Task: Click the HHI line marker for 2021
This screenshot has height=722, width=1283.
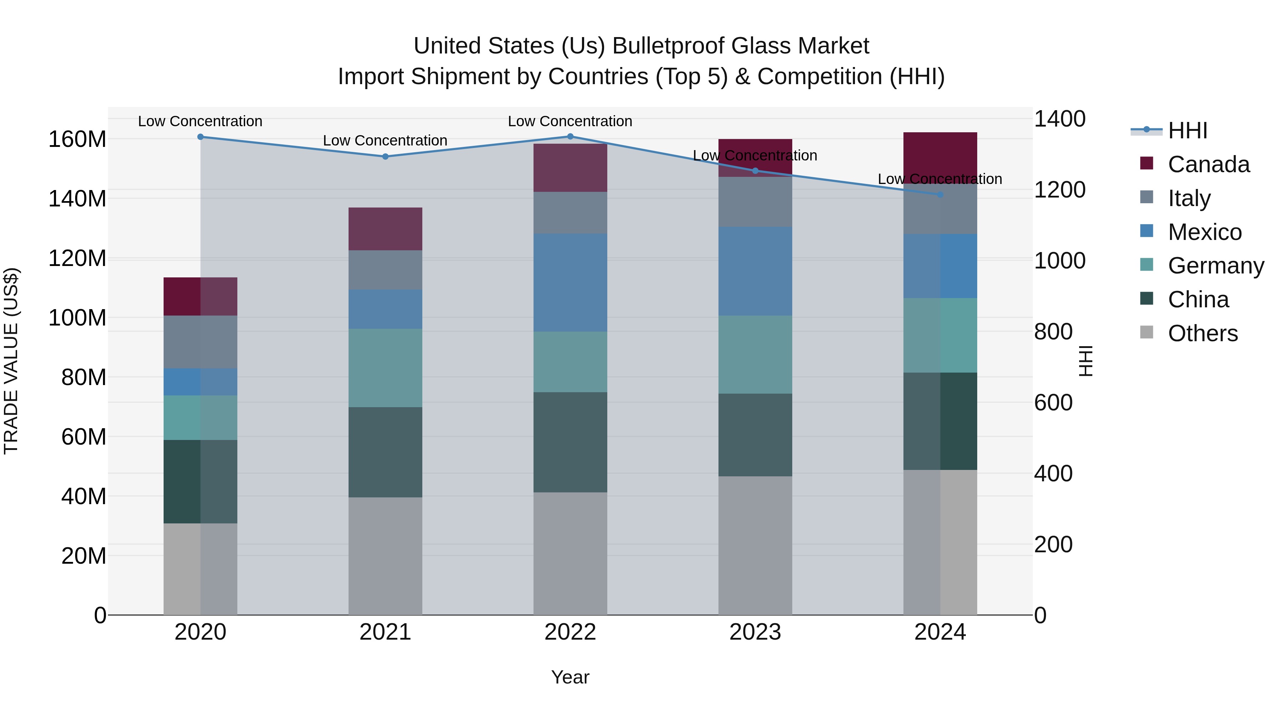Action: point(385,157)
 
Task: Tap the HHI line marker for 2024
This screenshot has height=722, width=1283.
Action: point(940,194)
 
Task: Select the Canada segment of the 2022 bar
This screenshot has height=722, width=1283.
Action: point(570,168)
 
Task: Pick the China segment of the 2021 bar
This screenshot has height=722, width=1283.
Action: point(385,452)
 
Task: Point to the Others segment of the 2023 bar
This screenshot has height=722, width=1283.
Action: point(755,545)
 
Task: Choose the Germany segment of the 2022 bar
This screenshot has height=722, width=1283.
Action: point(570,362)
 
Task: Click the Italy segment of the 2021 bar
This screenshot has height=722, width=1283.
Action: point(385,270)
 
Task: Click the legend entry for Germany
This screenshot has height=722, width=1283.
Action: point(1215,266)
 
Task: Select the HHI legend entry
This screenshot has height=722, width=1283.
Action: point(1187,130)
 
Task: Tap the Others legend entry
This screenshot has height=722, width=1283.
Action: point(1202,333)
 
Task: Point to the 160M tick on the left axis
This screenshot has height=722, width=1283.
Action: point(77,139)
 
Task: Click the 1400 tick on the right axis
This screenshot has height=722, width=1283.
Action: point(1060,119)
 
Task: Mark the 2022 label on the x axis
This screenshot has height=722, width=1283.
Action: point(570,632)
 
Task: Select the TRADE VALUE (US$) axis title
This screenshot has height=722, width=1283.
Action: point(11,361)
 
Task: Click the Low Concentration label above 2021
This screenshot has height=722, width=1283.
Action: point(385,140)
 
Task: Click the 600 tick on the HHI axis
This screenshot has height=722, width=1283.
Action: point(1053,403)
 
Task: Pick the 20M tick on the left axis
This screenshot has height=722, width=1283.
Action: point(84,555)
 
